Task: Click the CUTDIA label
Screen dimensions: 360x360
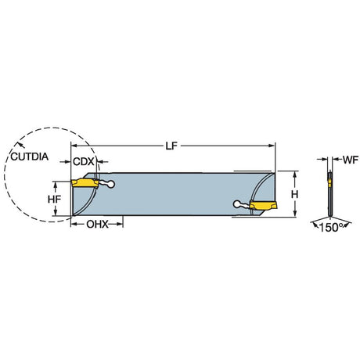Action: (x=30, y=157)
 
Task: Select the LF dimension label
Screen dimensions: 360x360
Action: (x=171, y=146)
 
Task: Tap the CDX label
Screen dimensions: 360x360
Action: (x=84, y=162)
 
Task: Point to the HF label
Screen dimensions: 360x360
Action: (x=54, y=200)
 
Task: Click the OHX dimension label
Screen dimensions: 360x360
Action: (x=97, y=224)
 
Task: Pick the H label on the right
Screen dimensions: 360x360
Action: (x=295, y=194)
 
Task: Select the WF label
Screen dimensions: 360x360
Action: (x=351, y=160)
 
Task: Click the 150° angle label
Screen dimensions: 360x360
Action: (x=331, y=228)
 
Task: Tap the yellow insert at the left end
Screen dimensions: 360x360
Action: (x=85, y=183)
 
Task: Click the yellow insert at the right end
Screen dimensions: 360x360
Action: (x=263, y=204)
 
